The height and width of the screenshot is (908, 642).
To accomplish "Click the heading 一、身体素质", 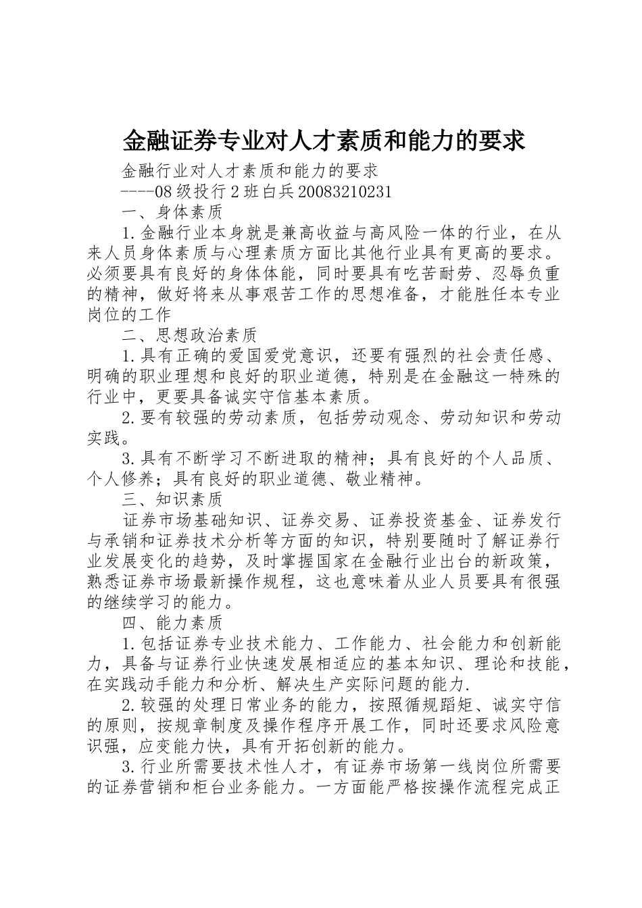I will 173,212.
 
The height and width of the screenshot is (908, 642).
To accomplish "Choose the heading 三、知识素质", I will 173,499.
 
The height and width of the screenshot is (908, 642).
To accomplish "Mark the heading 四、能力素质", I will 173,622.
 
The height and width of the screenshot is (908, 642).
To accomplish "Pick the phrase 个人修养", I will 121,479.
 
